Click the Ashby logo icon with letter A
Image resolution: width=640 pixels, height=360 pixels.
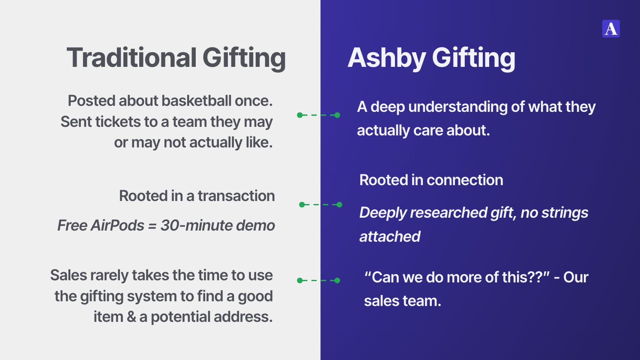(611, 29)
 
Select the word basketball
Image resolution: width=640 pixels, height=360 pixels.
(196, 101)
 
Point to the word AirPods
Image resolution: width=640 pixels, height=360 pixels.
(117, 225)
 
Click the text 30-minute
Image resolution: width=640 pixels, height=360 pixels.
(196, 225)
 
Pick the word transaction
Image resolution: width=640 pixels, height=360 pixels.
(236, 196)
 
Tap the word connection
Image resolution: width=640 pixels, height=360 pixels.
(465, 180)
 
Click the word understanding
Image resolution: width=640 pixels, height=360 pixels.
(458, 107)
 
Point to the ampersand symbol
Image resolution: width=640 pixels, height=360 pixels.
(131, 317)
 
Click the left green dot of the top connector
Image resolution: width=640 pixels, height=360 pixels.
(300, 115)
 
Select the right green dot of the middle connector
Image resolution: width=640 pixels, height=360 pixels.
(339, 204)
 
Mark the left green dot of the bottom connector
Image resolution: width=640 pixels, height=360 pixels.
(300, 281)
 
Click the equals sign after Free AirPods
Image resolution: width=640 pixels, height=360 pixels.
(152, 225)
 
